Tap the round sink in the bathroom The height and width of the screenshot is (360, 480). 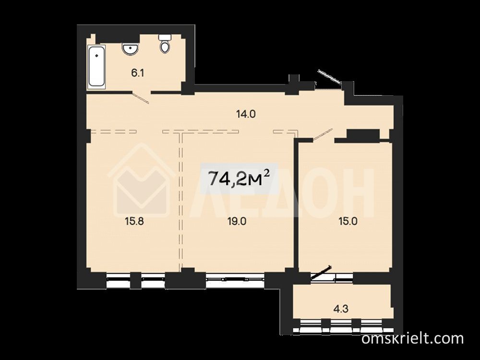click(x=131, y=48)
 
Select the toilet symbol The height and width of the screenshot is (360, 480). click(x=165, y=44)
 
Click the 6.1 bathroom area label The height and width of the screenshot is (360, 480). click(x=137, y=73)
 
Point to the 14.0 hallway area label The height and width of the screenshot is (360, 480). click(x=245, y=115)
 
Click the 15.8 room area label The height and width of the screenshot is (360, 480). click(x=134, y=221)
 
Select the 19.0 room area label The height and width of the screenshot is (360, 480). click(x=237, y=221)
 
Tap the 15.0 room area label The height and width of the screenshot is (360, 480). click(x=348, y=221)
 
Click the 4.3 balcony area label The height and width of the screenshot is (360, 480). click(x=341, y=309)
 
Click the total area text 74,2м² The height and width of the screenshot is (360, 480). click(x=239, y=178)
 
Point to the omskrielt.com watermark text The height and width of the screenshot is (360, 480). click(x=412, y=339)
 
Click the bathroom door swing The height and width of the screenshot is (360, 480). click(x=141, y=97)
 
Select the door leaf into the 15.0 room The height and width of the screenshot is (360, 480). click(x=323, y=135)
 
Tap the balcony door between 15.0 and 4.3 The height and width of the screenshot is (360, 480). click(x=321, y=273)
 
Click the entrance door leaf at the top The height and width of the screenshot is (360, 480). click(x=330, y=76)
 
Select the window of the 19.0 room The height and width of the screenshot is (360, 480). click(x=235, y=279)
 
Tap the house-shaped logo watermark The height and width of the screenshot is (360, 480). click(x=142, y=180)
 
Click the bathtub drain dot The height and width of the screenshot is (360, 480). click(x=97, y=56)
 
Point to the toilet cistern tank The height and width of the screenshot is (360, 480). click(x=165, y=37)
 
